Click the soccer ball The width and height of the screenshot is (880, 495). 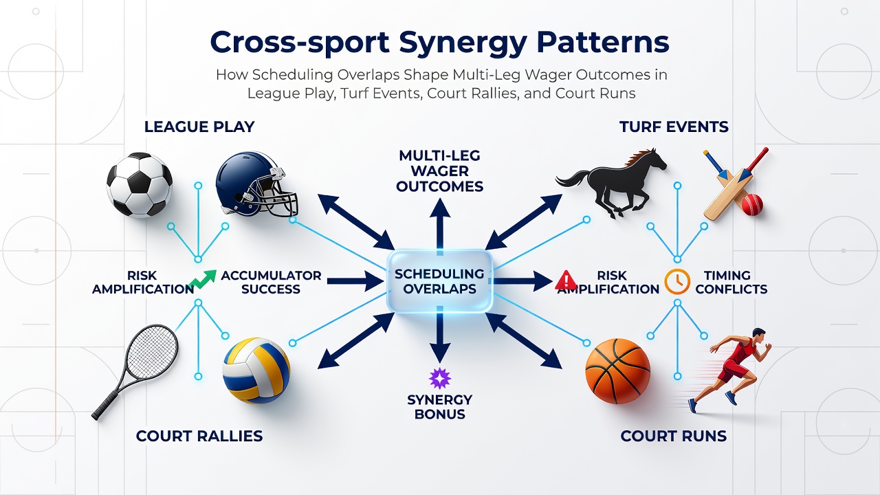pyautogui.click(x=140, y=185)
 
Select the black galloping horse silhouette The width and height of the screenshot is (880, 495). pyautogui.click(x=611, y=183)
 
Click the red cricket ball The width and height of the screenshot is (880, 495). pyautogui.click(x=752, y=204)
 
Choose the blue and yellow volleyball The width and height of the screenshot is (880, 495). pyautogui.click(x=256, y=371)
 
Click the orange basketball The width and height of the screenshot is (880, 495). pyautogui.click(x=617, y=371)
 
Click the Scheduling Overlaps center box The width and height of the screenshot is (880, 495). pyautogui.click(x=439, y=281)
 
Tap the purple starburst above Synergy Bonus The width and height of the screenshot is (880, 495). pyautogui.click(x=439, y=379)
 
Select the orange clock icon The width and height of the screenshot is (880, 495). pyautogui.click(x=677, y=282)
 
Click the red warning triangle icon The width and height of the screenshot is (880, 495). pyautogui.click(x=566, y=280)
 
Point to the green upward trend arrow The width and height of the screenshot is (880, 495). pyautogui.click(x=203, y=279)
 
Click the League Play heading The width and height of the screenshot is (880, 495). pyautogui.click(x=199, y=127)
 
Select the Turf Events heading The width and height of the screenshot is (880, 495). pyautogui.click(x=674, y=127)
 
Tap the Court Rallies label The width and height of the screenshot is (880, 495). pyautogui.click(x=199, y=436)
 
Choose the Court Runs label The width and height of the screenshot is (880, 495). pyautogui.click(x=673, y=436)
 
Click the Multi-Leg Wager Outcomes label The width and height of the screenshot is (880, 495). pyautogui.click(x=439, y=171)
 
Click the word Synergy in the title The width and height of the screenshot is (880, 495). pyautogui.click(x=463, y=43)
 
